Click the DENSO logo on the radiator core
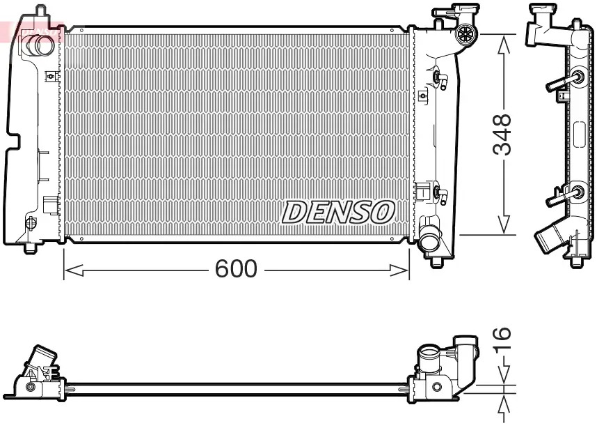(338, 212)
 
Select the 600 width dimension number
(236, 269)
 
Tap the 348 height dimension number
(502, 135)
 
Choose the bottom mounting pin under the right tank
(436, 261)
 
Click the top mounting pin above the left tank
(40, 10)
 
